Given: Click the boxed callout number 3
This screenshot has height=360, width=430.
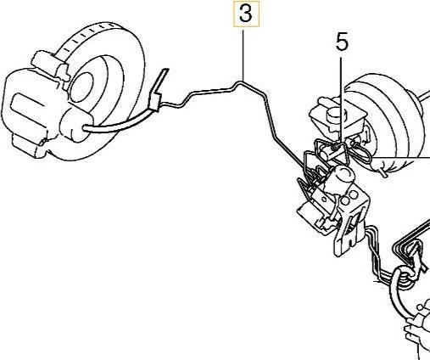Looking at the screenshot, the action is pos(246,14).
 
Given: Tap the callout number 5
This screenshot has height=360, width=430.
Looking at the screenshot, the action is pos(342,42).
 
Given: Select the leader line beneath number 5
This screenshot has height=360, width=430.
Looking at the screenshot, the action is pos(341,100).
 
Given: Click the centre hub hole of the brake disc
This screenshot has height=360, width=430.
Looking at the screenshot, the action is pos(82,87).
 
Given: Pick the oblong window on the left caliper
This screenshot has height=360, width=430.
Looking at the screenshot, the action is pos(28,107).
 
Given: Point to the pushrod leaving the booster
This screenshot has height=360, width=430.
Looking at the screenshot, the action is pos(423,97).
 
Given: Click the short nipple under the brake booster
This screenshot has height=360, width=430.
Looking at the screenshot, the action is pos(381,172).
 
